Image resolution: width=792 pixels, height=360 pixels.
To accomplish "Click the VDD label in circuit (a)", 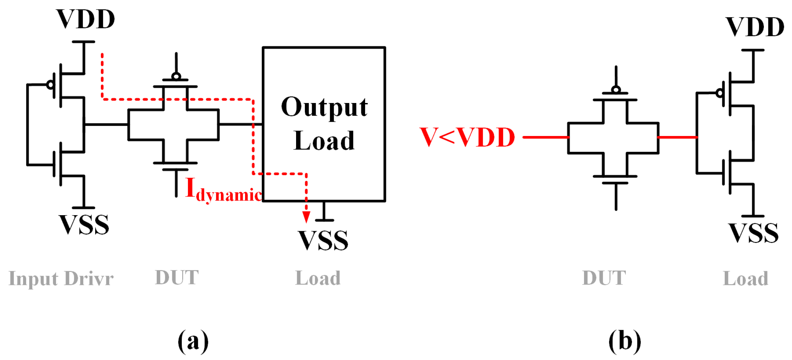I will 86,19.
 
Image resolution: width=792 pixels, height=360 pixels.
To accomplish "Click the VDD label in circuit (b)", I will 755,27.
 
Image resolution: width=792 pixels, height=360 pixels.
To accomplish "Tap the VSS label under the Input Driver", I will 84,225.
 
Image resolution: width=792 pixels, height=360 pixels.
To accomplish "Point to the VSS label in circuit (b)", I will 753,234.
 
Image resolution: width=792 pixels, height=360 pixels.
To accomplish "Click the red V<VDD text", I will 467,137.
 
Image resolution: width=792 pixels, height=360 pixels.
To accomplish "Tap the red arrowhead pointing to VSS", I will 306,217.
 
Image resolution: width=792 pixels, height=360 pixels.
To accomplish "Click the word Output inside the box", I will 324,107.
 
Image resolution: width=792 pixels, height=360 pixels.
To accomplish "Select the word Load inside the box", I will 324,141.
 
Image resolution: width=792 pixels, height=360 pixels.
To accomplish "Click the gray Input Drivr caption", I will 61,279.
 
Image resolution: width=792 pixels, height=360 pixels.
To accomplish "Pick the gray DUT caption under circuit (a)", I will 177,278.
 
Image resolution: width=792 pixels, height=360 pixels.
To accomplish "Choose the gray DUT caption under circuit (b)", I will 604,278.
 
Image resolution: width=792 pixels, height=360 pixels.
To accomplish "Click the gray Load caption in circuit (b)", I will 745,279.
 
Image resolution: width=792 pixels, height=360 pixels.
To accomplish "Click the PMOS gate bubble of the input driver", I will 50,85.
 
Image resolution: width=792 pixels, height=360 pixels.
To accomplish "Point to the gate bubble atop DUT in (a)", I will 176,76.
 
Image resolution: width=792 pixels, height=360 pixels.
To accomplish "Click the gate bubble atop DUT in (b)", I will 616,90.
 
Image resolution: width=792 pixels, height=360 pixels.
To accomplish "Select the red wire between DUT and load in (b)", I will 677,137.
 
